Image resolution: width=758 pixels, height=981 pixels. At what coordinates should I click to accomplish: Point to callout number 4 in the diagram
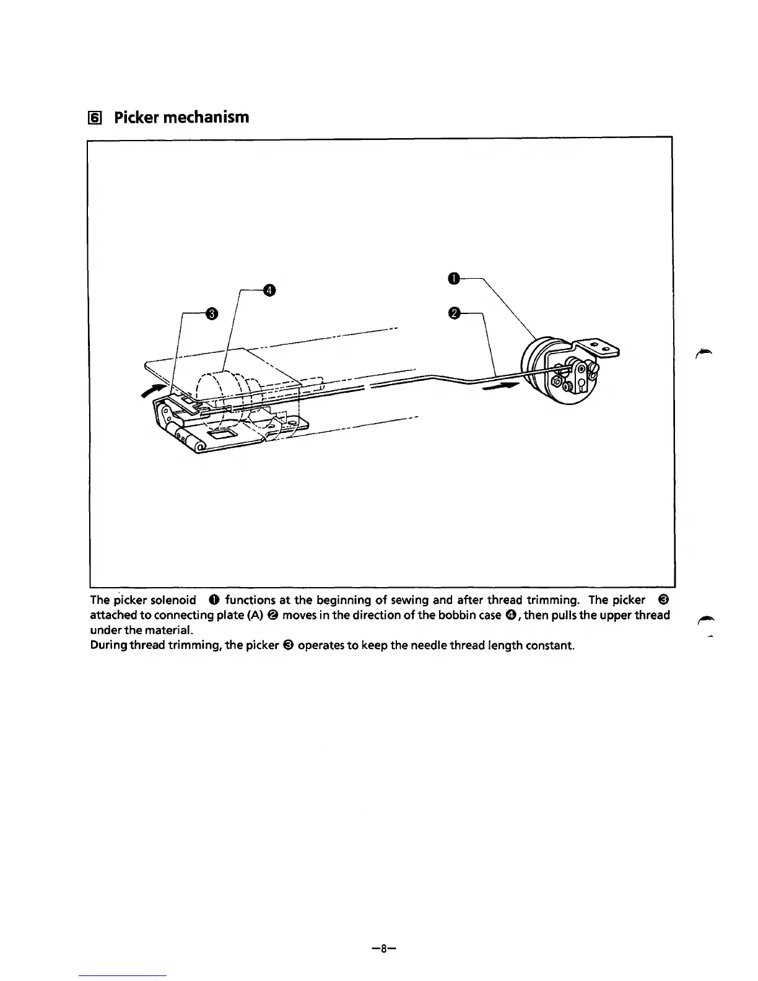click(x=269, y=289)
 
